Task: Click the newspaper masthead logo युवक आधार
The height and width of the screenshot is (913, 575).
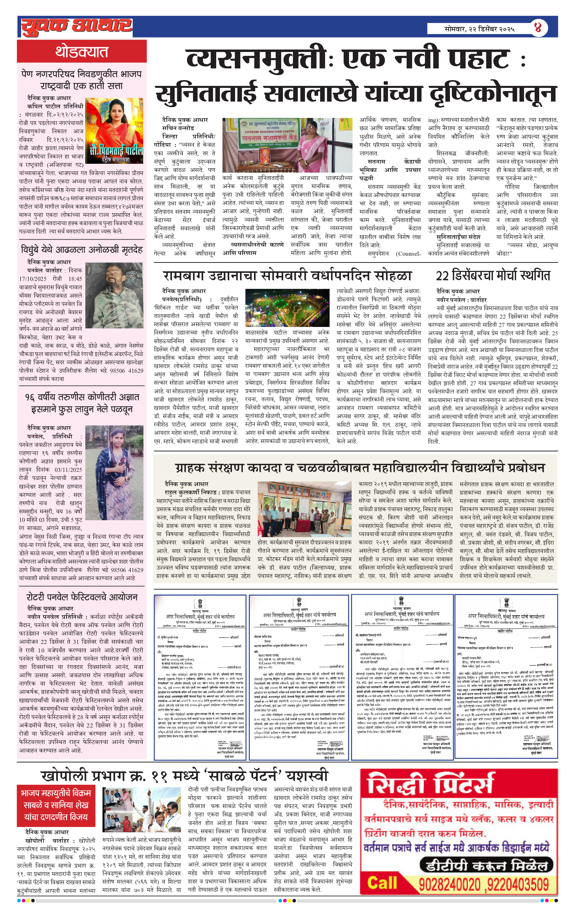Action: coord(76,26)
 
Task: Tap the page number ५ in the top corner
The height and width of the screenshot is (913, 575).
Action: coord(538,28)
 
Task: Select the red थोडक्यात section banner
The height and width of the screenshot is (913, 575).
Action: coord(82,51)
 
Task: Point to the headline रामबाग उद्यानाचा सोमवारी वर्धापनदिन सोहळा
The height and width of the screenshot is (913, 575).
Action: coord(287,276)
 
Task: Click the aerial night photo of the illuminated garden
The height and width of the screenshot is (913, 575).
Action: coord(287,307)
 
